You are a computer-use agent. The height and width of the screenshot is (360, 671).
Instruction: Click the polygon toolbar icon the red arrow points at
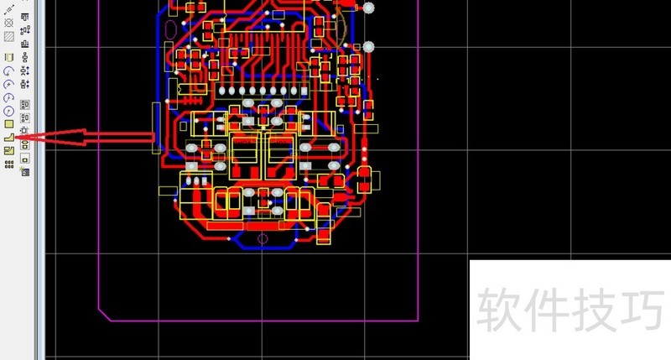pos(9,138)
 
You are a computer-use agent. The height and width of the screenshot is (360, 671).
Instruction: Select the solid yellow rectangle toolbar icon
pos(9,124)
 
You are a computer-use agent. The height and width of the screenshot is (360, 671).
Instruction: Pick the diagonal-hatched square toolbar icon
pos(9,37)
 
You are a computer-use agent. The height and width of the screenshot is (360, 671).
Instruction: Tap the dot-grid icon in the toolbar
pos(9,164)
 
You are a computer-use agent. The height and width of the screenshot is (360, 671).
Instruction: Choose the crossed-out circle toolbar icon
pos(8,23)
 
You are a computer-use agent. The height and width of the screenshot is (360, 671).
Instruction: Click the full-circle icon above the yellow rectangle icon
pos(9,112)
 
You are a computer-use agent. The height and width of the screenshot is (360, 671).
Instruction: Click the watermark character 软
pos(498,310)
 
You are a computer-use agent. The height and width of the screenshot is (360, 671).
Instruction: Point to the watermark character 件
pos(546,310)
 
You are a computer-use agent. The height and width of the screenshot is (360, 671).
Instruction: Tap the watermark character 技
pos(595,310)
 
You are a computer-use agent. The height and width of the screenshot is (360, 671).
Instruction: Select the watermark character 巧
pos(642,310)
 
